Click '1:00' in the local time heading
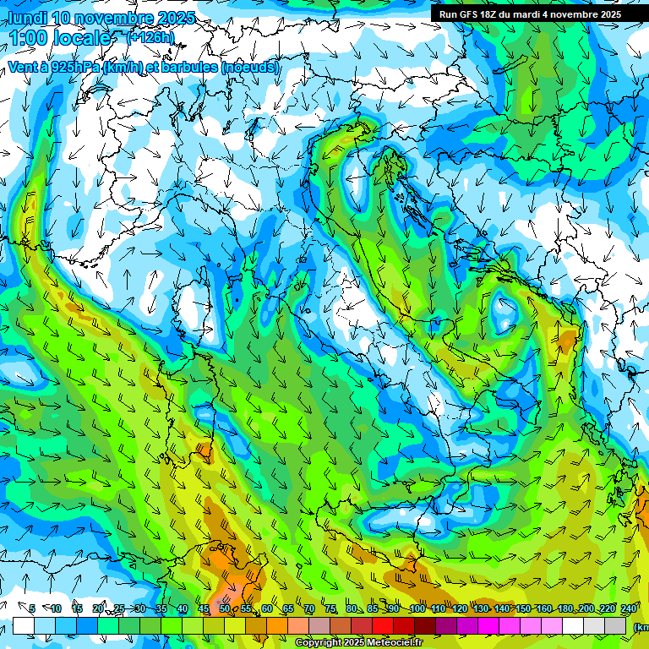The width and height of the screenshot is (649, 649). pyautogui.click(x=30, y=37)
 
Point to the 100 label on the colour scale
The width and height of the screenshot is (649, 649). pyautogui.click(x=417, y=608)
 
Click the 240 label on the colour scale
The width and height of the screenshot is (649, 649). pyautogui.click(x=629, y=608)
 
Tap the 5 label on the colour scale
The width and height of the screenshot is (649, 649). pyautogui.click(x=32, y=608)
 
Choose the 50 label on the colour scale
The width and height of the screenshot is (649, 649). pyautogui.click(x=224, y=608)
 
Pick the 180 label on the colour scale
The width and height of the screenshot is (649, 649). pyautogui.click(x=565, y=608)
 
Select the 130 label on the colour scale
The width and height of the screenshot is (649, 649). pyautogui.click(x=481, y=608)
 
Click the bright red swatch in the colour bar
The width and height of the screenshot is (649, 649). pyautogui.click(x=382, y=625)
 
